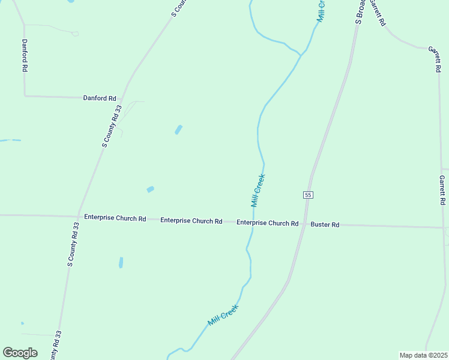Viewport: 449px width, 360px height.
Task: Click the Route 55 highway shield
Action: click(x=308, y=195)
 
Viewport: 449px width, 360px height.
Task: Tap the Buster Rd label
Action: click(x=325, y=224)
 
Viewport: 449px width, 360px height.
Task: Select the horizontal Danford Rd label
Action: click(x=100, y=98)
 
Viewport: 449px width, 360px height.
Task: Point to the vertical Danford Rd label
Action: click(x=25, y=56)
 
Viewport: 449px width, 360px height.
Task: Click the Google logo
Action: click(x=20, y=353)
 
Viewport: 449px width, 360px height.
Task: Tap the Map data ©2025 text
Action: click(x=423, y=355)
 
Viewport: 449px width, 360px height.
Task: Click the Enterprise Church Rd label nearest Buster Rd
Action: click(x=267, y=223)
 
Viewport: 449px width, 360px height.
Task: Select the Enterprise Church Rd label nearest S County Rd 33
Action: click(x=115, y=218)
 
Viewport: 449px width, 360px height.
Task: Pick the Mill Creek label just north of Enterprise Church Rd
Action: click(x=258, y=191)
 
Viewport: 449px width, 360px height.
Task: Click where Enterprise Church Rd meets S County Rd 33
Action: click(x=79, y=217)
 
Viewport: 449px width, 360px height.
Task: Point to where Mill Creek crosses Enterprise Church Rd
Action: click(x=253, y=223)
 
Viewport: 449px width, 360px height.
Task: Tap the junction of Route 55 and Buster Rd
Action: click(x=304, y=224)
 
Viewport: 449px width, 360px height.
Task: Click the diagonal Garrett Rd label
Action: click(x=377, y=13)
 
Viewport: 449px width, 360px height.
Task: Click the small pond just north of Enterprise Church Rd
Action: click(x=150, y=190)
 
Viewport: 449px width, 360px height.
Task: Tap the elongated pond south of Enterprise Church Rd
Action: click(x=121, y=262)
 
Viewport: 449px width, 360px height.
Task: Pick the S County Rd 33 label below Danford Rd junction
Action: click(x=112, y=126)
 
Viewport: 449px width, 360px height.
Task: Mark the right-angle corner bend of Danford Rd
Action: click(x=25, y=95)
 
